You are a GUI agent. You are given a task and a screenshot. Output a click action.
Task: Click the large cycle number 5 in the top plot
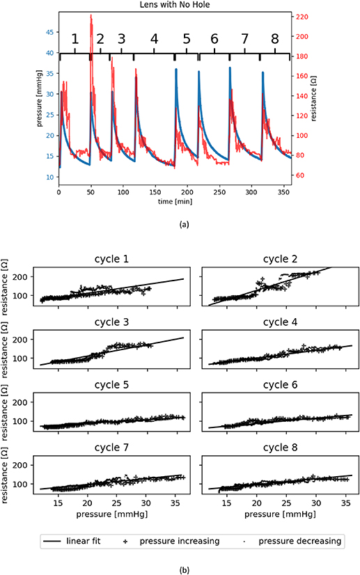coord(186,38)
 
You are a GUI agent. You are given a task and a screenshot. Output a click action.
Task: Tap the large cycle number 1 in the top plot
coord(75,38)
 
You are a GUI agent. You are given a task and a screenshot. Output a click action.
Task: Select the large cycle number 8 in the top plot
coord(275,38)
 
